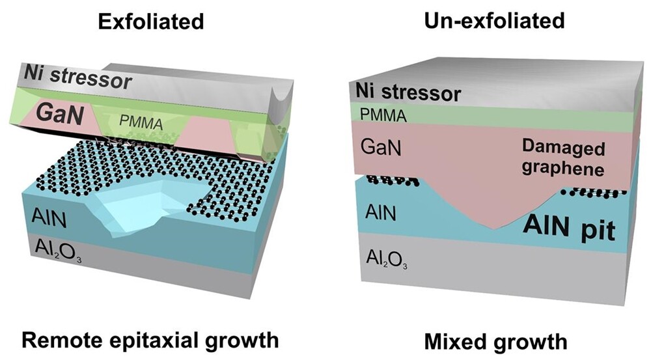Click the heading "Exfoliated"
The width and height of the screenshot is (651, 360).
click(151, 21)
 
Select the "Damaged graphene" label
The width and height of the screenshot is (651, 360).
click(563, 159)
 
